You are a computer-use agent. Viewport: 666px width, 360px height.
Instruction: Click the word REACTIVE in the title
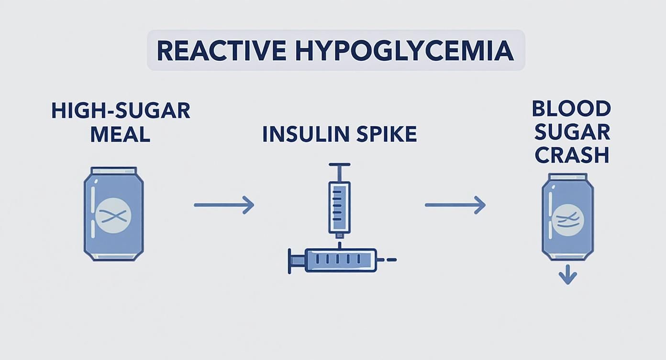pyautogui.click(x=222, y=51)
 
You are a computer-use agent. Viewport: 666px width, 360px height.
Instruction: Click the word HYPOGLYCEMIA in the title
pyautogui.click(x=404, y=51)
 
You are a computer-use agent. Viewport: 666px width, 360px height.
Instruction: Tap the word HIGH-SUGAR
pyautogui.click(x=121, y=111)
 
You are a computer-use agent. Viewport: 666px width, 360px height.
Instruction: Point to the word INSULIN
pyautogui.click(x=301, y=135)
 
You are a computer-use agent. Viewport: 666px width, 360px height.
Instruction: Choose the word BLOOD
pyautogui.click(x=571, y=109)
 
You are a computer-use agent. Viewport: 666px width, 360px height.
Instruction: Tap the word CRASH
pyautogui.click(x=571, y=155)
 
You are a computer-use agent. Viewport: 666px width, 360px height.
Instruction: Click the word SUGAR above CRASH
pyautogui.click(x=571, y=132)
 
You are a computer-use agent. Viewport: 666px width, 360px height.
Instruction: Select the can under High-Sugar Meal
pyautogui.click(x=114, y=214)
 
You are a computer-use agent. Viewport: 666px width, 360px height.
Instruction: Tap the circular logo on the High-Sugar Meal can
pyautogui.click(x=113, y=216)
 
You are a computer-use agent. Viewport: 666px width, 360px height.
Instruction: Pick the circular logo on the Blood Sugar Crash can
pyautogui.click(x=567, y=220)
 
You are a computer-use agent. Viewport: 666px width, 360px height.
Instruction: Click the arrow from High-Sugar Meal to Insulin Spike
pyautogui.click(x=223, y=205)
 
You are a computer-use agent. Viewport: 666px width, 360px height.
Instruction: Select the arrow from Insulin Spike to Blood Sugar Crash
pyautogui.click(x=455, y=205)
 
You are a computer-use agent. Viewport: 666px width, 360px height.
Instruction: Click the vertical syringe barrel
pyautogui.click(x=339, y=206)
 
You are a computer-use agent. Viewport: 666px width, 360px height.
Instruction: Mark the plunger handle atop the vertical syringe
pyautogui.click(x=339, y=166)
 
